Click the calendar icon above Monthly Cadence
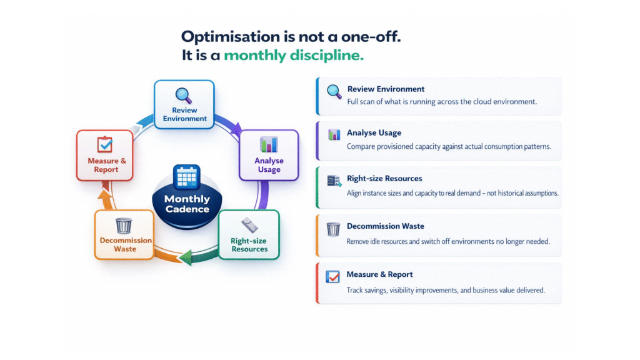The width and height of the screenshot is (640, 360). (x=186, y=177)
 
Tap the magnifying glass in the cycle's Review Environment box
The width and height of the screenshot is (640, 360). (x=184, y=96)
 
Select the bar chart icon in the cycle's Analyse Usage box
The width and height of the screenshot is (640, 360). (x=269, y=144)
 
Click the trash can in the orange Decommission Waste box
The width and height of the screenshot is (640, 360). (x=124, y=226)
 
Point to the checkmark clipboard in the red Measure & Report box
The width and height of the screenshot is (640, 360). (x=105, y=144)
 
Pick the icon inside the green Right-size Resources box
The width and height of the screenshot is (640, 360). (x=249, y=225)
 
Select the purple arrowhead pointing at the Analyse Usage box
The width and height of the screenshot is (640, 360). (x=236, y=129)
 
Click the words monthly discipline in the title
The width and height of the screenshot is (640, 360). (x=294, y=55)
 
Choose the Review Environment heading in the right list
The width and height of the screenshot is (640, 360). (x=386, y=89)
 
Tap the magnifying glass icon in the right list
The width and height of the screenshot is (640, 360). (x=334, y=92)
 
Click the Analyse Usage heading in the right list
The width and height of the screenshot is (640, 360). (x=374, y=132)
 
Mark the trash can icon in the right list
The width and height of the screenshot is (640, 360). (x=333, y=229)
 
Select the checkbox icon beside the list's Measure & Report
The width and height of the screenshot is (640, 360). (x=332, y=277)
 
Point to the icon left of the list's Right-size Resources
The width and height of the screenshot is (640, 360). (x=334, y=181)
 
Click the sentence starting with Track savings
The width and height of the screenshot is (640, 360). (x=446, y=290)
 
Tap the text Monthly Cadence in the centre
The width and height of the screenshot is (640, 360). (x=187, y=204)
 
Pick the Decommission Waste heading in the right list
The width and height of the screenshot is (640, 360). (x=385, y=226)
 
